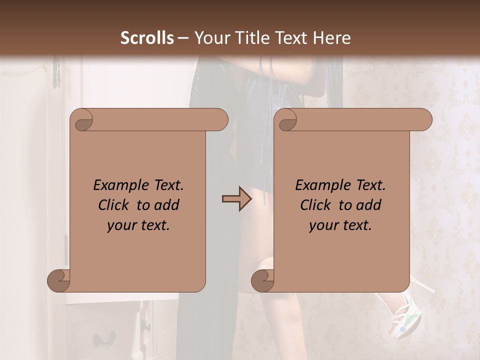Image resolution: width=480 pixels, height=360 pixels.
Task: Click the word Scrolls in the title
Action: (147, 38)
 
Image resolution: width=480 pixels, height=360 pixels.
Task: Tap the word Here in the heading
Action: (332, 38)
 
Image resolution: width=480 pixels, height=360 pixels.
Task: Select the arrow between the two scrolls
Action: (237, 199)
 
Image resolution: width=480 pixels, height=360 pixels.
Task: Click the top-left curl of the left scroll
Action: (82, 120)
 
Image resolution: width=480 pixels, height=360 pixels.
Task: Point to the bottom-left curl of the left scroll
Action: (58, 280)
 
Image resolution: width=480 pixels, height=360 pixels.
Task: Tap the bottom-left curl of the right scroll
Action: (262, 280)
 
